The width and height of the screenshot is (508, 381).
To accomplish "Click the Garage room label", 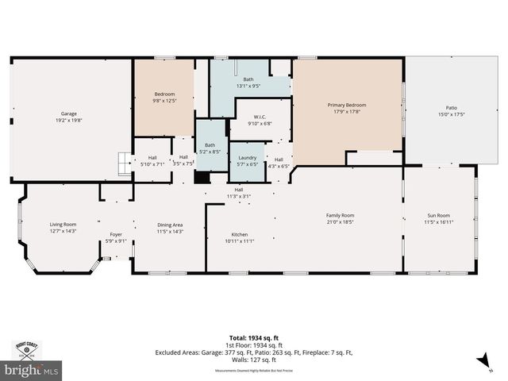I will (x=69, y=114).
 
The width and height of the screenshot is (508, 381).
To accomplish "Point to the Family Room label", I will (x=340, y=215).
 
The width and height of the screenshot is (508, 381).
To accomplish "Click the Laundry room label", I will (x=248, y=157).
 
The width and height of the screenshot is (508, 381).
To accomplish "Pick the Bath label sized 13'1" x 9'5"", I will (x=248, y=79).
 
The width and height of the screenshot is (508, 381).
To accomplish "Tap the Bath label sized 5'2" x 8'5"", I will (x=210, y=145).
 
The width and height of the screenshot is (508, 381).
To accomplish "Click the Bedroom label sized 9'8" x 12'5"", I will (x=164, y=94).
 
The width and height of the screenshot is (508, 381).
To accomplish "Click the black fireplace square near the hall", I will (x=202, y=178).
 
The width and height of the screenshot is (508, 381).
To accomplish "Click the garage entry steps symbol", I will (x=123, y=164).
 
